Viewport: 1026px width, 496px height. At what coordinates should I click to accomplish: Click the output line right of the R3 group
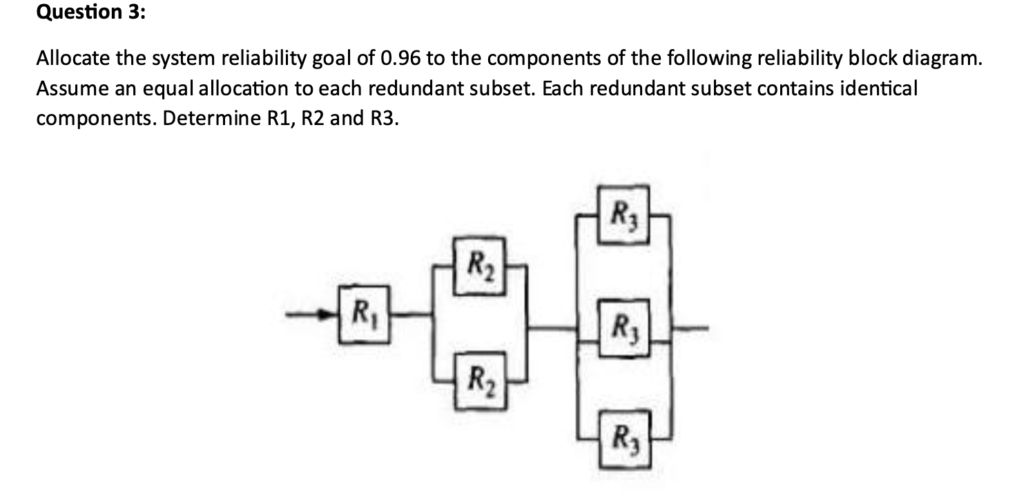click(x=690, y=325)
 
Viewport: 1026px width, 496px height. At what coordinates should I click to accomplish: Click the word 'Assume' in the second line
click(x=68, y=88)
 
